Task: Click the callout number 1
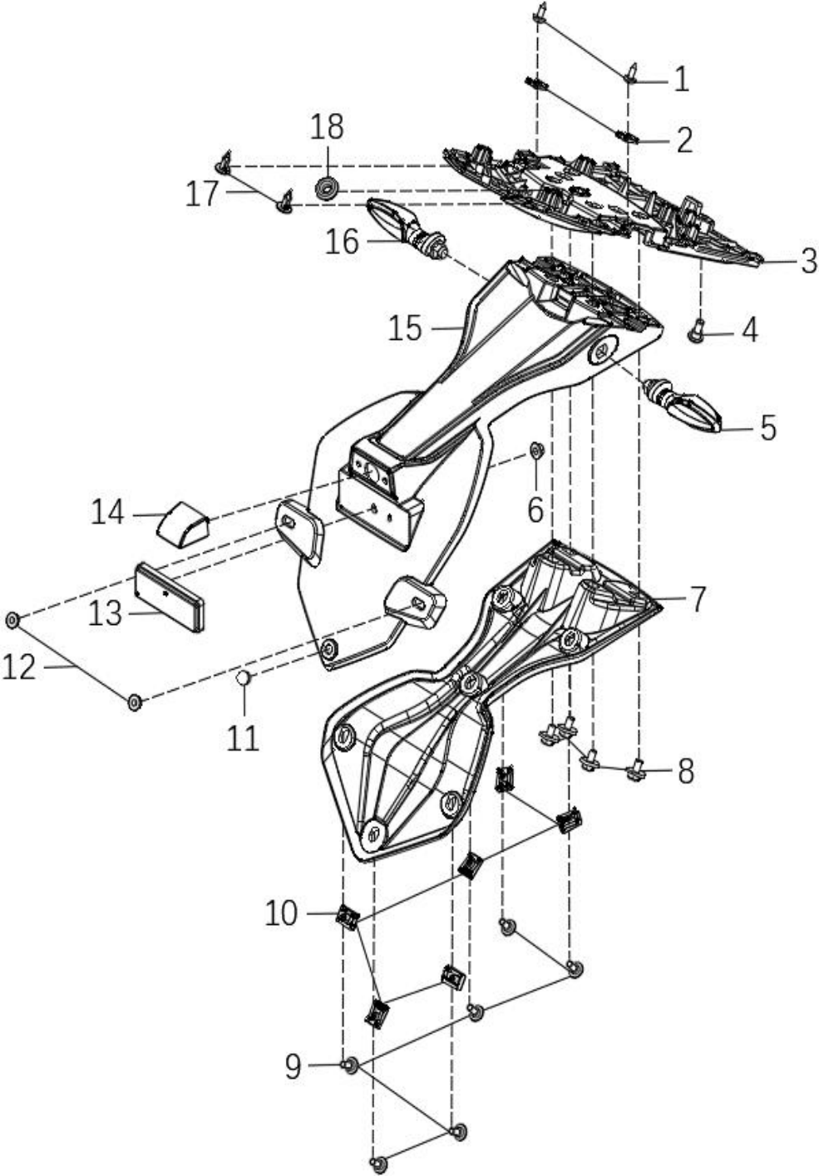pos(681,79)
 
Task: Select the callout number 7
pos(696,599)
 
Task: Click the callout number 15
pos(404,328)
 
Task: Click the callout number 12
pos(19,668)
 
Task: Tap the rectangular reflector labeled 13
pos(170,598)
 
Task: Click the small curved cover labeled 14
pos(184,525)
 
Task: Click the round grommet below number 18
pos(327,189)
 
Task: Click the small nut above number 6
pos(536,450)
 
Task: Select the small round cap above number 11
pos(243,677)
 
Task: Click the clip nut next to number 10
pos(348,918)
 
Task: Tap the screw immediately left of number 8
pos(635,772)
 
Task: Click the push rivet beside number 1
pos(632,73)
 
